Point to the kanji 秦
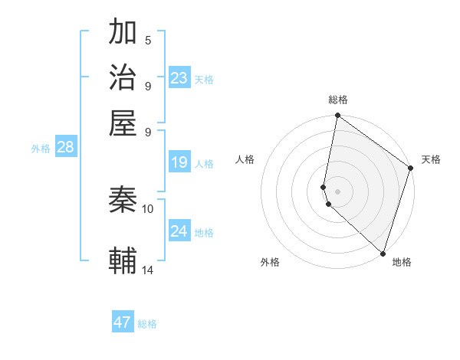(x=123, y=200)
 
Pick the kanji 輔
(x=123, y=260)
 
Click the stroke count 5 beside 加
(x=147, y=40)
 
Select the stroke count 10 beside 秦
(x=148, y=208)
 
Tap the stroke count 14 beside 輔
(x=148, y=270)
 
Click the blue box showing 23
(x=179, y=77)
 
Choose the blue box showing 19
(x=179, y=162)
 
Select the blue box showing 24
(x=179, y=231)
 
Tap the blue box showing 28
(x=65, y=147)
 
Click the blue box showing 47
(x=123, y=322)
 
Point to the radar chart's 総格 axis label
(x=338, y=100)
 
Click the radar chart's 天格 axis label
(x=431, y=159)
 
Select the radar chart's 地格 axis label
(x=402, y=262)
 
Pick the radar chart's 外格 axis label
(x=270, y=262)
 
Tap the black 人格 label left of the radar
(x=245, y=159)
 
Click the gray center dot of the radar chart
(x=338, y=191)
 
